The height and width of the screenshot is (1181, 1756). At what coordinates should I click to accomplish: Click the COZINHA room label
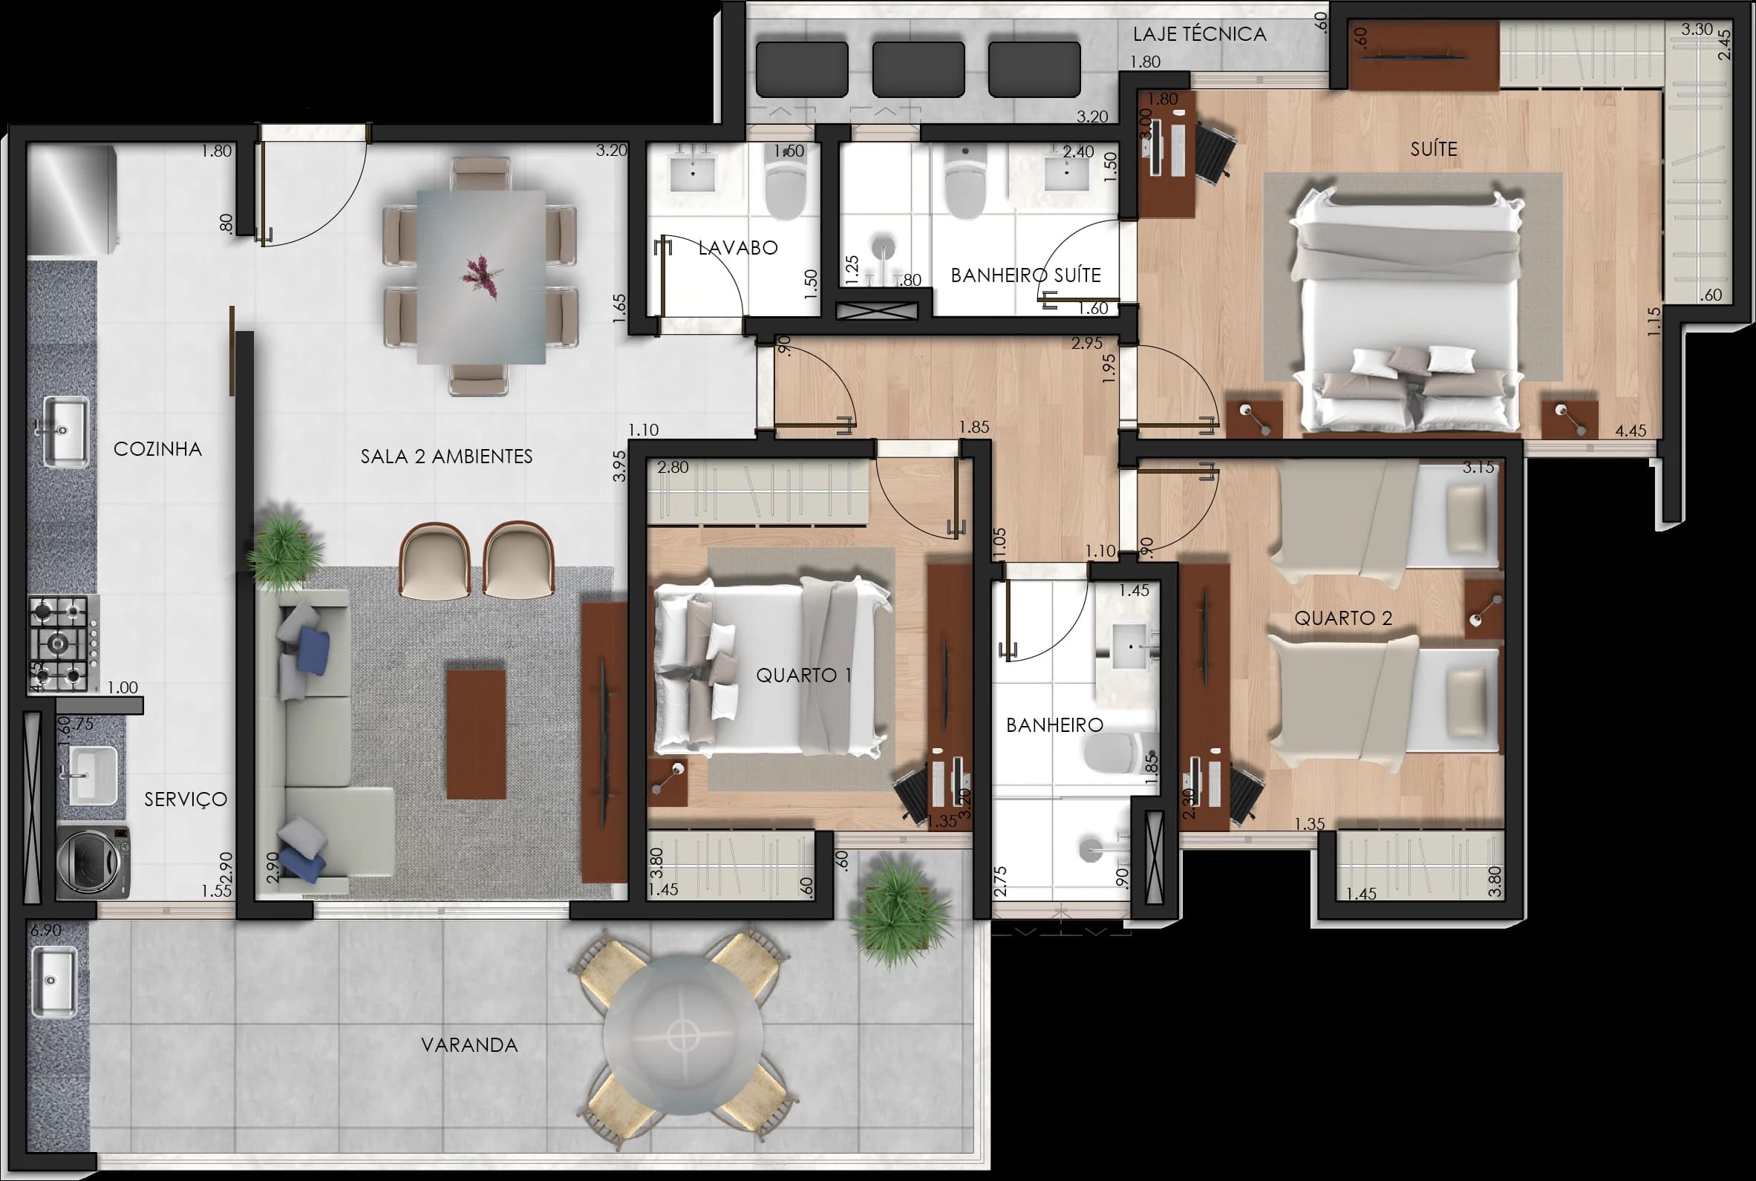(x=157, y=449)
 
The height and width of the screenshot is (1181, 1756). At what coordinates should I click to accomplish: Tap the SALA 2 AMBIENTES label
(x=446, y=457)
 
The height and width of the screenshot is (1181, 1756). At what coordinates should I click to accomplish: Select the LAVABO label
(x=737, y=248)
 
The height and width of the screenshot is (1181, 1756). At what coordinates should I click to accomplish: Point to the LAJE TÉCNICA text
(x=1199, y=34)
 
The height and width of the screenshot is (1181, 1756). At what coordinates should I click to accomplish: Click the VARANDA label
(x=469, y=1044)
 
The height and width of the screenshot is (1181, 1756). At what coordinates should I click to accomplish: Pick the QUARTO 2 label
(x=1342, y=618)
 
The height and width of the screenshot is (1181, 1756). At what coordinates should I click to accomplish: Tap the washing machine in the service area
(x=94, y=862)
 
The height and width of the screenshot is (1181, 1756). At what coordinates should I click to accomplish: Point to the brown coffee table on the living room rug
(x=475, y=733)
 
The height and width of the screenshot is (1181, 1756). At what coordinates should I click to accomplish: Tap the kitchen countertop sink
(x=65, y=431)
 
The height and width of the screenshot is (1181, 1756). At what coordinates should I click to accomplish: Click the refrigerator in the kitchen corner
(x=72, y=199)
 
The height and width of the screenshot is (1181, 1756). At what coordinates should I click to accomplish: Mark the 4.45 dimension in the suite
(x=1631, y=431)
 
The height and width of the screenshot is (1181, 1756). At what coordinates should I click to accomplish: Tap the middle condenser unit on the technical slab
(x=918, y=69)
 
